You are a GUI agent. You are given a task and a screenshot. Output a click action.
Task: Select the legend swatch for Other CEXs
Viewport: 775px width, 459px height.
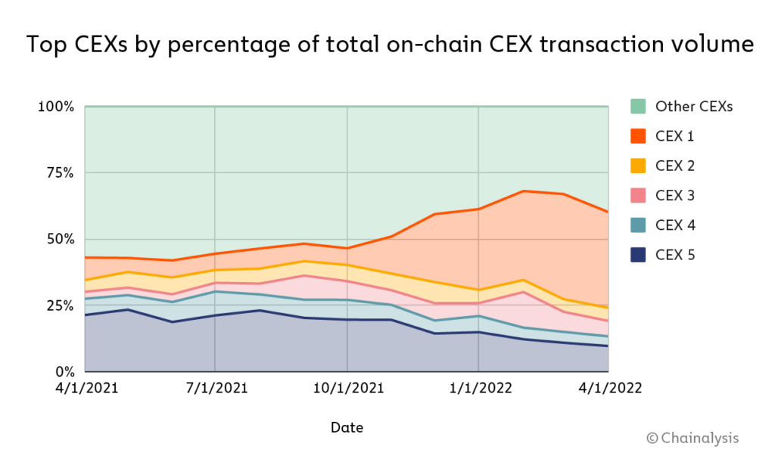pos(638,107)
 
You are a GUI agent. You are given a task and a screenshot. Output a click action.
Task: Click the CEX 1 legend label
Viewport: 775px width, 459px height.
pos(674,136)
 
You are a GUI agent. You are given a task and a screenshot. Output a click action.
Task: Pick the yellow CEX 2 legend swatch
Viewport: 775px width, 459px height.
pos(638,166)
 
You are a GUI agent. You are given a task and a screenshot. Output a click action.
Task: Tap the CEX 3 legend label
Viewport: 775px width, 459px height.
pos(675,196)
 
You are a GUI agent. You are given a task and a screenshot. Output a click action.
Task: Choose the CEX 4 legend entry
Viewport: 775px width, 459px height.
pos(675,225)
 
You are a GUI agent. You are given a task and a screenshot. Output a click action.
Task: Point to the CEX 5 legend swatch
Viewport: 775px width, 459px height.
pos(638,255)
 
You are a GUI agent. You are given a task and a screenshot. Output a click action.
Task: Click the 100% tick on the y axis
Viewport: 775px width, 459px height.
pos(55,107)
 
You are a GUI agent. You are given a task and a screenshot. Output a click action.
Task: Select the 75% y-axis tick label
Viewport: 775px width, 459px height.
pos(58,173)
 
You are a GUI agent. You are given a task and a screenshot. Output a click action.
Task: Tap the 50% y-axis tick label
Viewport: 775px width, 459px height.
pos(58,239)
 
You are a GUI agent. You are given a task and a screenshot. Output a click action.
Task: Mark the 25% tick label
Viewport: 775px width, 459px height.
pos(58,305)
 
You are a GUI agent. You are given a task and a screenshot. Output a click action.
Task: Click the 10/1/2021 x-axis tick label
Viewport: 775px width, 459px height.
pos(347,388)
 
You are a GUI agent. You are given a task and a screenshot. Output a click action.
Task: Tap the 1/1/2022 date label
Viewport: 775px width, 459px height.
pos(478,388)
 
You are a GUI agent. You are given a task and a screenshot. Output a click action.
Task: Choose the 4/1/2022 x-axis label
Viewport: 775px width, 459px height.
pos(610,388)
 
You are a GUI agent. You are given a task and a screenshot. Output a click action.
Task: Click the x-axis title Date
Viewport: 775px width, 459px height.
pos(347,428)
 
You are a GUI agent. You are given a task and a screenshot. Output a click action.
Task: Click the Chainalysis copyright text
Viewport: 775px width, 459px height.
pos(692,438)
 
